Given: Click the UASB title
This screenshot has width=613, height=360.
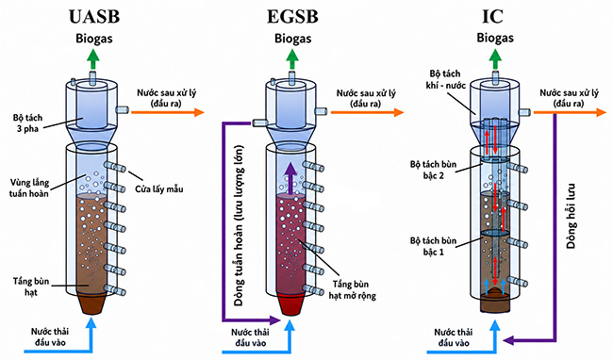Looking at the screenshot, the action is tap(93, 16).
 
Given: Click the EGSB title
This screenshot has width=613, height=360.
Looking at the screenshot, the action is tap(292, 16).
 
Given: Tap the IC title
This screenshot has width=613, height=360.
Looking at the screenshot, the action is tap(492, 16).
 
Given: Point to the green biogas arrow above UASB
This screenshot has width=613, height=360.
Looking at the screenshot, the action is tap(93, 59).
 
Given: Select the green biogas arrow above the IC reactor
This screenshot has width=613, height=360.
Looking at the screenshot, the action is tap(495, 59).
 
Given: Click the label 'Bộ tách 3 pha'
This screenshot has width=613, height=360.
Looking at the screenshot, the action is tap(27, 123).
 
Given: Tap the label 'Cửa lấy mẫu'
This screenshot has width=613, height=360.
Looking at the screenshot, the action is tap(159, 189).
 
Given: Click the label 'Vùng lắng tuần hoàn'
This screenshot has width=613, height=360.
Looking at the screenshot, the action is tap(29, 188).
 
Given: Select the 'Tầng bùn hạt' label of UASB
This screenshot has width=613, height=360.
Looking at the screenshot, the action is tap(31, 286).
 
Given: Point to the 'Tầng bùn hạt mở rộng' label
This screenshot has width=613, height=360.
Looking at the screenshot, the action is tap(353, 289).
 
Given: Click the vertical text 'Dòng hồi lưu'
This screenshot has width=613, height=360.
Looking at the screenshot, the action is tap(572, 216).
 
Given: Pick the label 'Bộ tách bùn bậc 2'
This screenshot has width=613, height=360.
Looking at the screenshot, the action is tap(433, 170).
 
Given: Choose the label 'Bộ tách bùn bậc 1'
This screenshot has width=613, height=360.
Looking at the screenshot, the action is tap(433, 246).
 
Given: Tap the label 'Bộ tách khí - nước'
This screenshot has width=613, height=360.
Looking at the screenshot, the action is tap(445, 79).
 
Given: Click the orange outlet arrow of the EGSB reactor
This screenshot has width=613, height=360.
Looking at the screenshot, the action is tap(367, 112).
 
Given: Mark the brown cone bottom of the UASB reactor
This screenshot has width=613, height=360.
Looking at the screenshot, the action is tap(92, 303).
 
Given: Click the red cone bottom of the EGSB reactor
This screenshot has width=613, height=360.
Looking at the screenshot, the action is tap(291, 303).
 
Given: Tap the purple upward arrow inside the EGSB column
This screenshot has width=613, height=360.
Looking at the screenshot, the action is tap(290, 178).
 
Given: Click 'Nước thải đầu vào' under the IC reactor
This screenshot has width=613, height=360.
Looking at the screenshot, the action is tap(454, 337).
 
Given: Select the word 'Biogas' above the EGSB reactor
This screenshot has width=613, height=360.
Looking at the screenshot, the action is tap(292, 39).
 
